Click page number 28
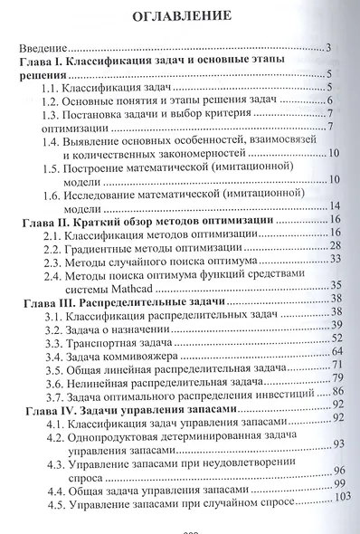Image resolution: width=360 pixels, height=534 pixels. click(x=334, y=247)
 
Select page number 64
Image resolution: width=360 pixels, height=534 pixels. click(x=336, y=351)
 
